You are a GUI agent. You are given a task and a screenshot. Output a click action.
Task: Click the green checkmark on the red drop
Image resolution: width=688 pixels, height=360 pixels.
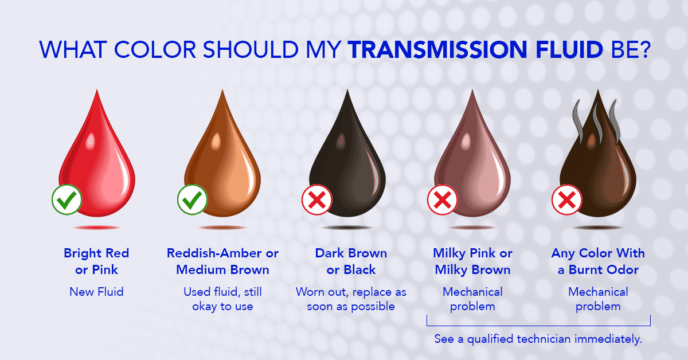pyautogui.click(x=67, y=199)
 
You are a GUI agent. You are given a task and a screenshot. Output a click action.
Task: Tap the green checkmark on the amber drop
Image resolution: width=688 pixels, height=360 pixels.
pyautogui.click(x=192, y=199)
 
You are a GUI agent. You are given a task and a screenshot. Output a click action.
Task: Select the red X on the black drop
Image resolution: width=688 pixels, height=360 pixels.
pyautogui.click(x=317, y=199)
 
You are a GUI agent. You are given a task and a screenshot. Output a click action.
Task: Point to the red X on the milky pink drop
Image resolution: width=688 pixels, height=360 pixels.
pyautogui.click(x=442, y=199)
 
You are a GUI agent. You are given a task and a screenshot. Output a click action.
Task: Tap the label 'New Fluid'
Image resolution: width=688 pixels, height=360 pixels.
pyautogui.click(x=96, y=292)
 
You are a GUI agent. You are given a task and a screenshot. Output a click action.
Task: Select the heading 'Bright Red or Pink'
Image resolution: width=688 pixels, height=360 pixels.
pyautogui.click(x=96, y=261)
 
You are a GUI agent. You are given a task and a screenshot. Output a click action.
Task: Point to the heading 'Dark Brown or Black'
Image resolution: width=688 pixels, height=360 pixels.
pyautogui.click(x=351, y=261)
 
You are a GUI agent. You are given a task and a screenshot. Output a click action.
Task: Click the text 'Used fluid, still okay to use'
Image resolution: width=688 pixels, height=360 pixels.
pyautogui.click(x=222, y=299)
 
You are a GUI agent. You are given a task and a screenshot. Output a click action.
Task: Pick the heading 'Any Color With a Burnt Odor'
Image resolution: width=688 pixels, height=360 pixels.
pyautogui.click(x=598, y=261)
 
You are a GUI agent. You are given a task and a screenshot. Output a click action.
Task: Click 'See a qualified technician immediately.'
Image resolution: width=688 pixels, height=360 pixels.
pyautogui.click(x=538, y=339)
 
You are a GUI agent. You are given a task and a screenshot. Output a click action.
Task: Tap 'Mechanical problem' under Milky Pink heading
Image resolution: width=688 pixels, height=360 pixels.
pyautogui.click(x=472, y=299)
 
